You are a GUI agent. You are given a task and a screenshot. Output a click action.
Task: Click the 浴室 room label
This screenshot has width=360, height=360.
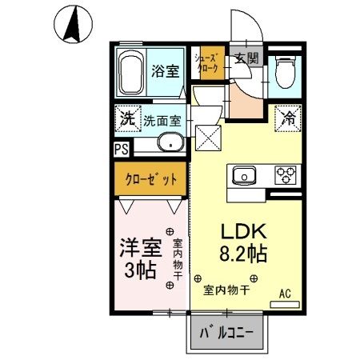pos(166,70)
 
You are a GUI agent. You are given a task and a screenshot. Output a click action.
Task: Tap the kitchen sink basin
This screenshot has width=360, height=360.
pos(243,174)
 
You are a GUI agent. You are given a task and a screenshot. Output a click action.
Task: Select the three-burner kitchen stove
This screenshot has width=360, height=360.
pos(286,174)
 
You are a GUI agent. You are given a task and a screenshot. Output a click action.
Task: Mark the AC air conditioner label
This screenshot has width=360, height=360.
pos(284,294)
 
